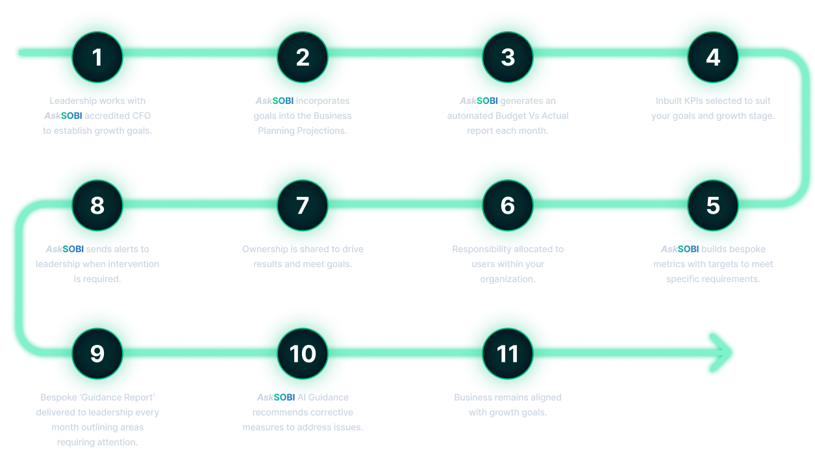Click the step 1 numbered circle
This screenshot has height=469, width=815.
tap(97, 57)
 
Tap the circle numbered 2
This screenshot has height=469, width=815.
tap(303, 57)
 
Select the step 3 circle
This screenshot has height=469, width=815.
tap(508, 57)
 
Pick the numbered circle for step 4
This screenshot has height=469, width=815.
tap(713, 57)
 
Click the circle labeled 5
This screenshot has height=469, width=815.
tap(713, 205)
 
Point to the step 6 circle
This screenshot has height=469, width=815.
tap(508, 205)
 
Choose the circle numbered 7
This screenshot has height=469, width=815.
tap(303, 205)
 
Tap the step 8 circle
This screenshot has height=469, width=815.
tap(97, 205)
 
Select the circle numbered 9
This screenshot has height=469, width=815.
tap(97, 353)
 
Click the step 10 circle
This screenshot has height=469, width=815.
tap(303, 353)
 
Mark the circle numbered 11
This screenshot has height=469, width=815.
tap(508, 353)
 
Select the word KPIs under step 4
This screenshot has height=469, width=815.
tap(696, 101)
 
